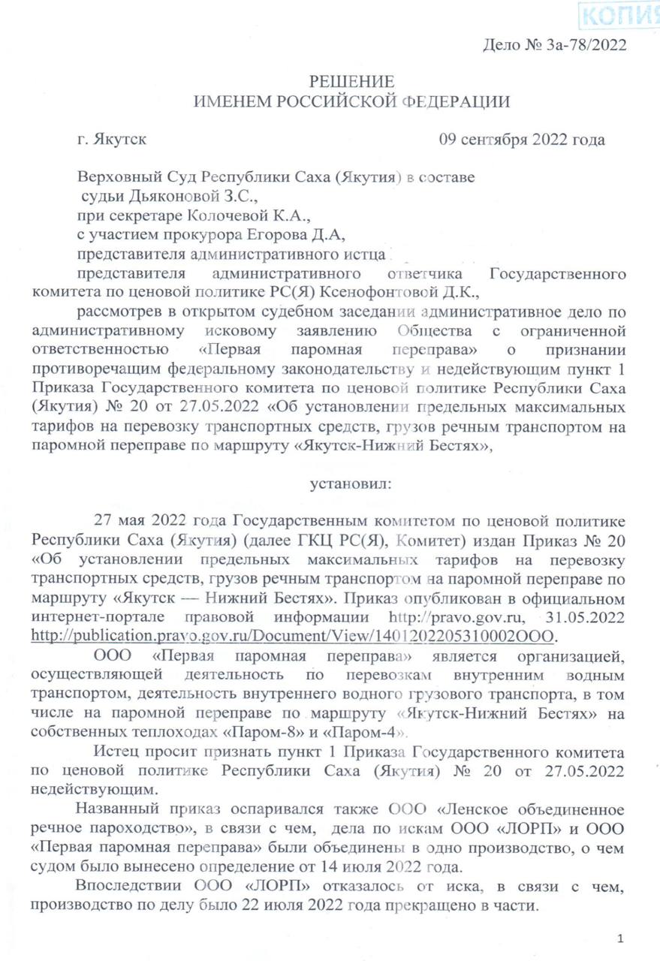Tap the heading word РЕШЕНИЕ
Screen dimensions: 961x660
pyautogui.click(x=352, y=82)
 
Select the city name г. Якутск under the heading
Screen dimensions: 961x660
pyautogui.click(x=113, y=139)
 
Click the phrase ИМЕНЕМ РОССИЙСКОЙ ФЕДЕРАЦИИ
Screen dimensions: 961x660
pyautogui.click(x=351, y=101)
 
